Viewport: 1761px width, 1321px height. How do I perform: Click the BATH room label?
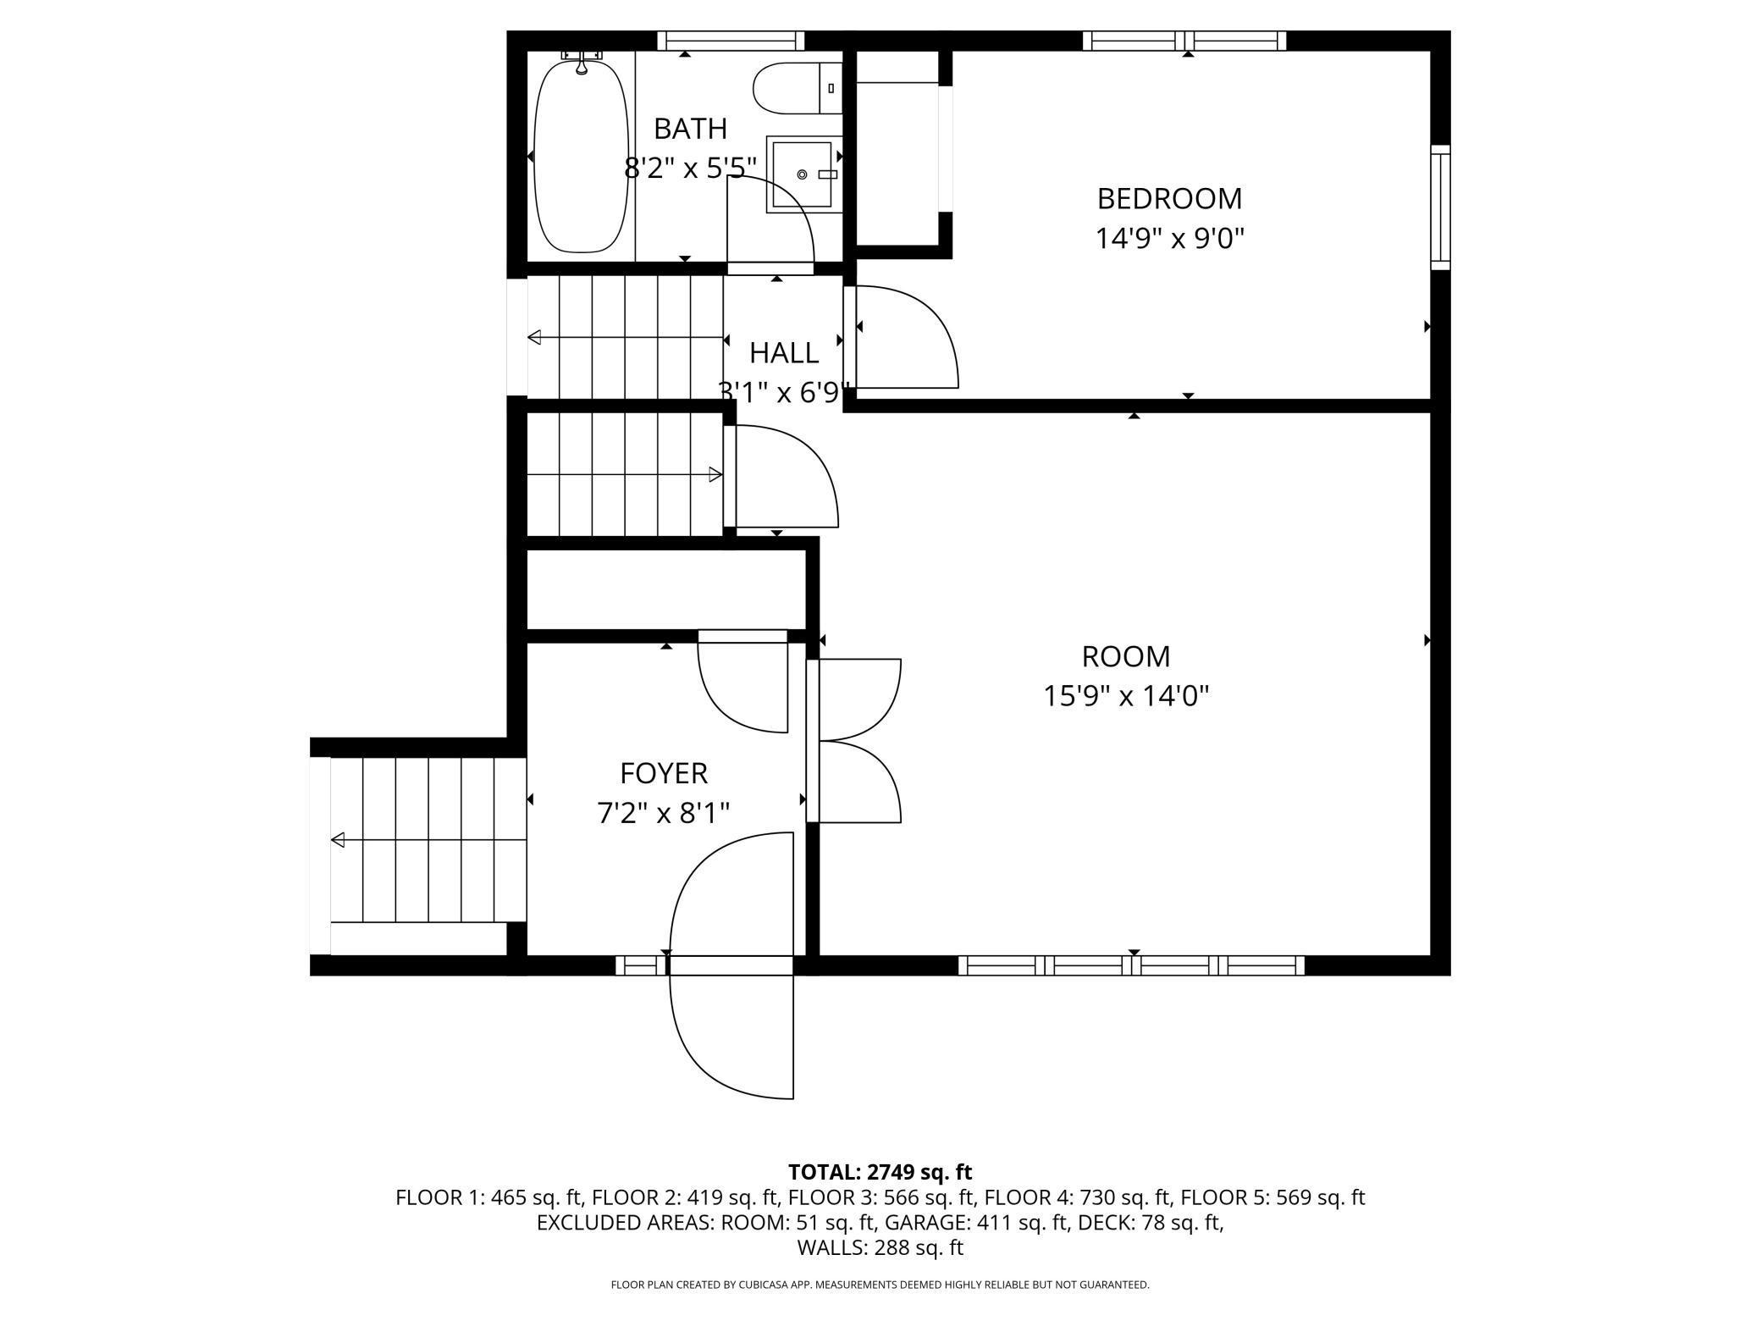coord(690,129)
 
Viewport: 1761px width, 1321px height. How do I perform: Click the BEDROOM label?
coord(1169,199)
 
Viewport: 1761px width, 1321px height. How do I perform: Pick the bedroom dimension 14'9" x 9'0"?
coord(1169,239)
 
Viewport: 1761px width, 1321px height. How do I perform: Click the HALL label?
coord(783,352)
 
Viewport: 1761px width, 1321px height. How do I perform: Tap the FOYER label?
coord(664,773)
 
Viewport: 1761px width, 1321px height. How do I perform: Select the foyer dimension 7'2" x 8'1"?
coord(664,813)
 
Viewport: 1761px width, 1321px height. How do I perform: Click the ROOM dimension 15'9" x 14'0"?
coord(1126,696)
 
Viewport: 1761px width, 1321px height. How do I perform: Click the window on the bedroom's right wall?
coord(1440,207)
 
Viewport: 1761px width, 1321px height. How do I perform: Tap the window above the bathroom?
coord(731,41)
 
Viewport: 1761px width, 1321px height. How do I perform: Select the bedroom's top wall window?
coord(1184,41)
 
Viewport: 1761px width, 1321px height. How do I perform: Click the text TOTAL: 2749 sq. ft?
coord(880,1172)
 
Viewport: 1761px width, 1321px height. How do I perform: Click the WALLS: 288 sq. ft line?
coord(880,1247)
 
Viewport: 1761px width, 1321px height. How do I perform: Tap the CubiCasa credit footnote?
coord(880,1285)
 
